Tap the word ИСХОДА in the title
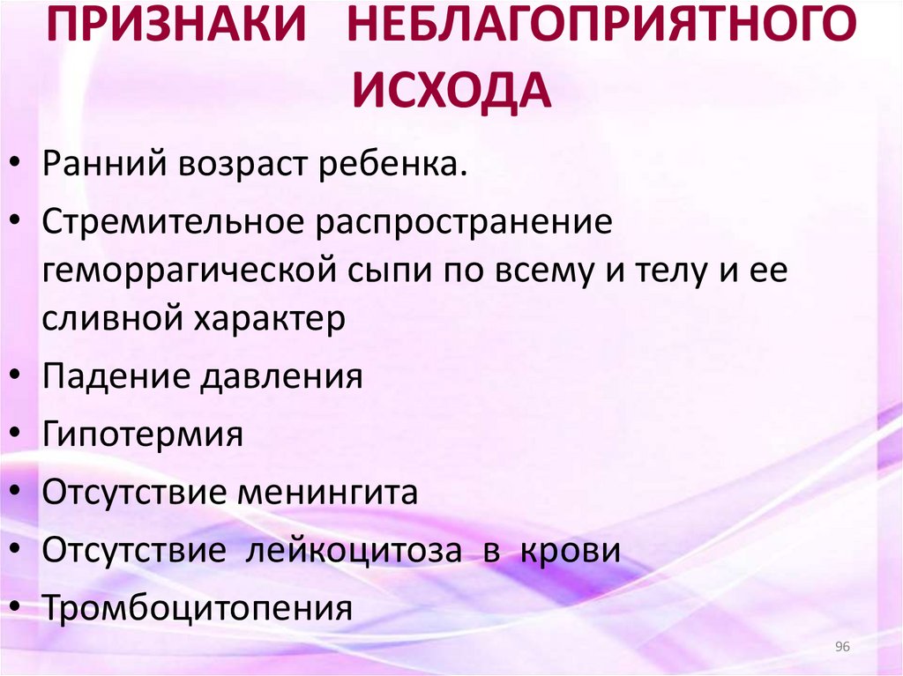point(452,91)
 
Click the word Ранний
point(101,164)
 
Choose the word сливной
point(108,318)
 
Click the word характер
point(265,318)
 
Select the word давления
point(282,376)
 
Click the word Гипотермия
point(142,435)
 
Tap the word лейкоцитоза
point(354,550)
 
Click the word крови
point(570,550)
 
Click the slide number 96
point(841,648)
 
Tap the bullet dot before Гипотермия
point(19,435)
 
